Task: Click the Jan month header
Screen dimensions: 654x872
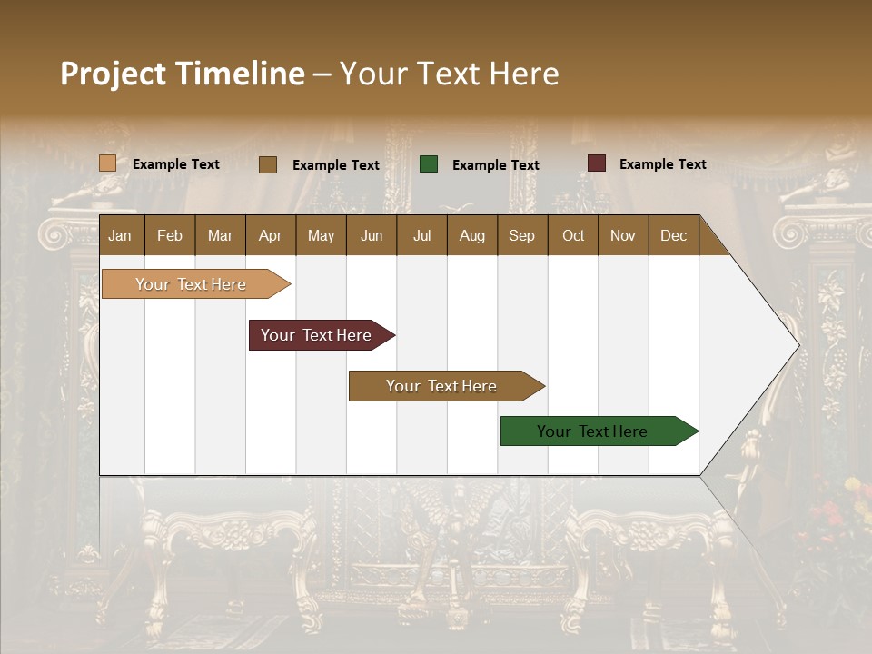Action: [x=120, y=235]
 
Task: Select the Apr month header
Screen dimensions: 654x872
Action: [x=270, y=235]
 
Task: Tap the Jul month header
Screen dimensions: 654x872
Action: [x=421, y=235]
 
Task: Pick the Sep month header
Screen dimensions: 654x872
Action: [x=521, y=235]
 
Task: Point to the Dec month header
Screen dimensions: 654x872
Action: [x=673, y=235]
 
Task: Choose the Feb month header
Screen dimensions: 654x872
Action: [x=170, y=235]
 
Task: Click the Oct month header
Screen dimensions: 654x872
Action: [x=573, y=235]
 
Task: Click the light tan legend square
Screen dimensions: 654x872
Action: [x=107, y=163]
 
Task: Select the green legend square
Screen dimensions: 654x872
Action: [x=429, y=164]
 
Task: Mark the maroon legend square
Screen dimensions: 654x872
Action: [x=597, y=163]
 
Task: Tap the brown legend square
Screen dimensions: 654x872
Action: [x=268, y=164]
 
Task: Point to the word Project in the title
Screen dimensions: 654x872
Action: [x=113, y=74]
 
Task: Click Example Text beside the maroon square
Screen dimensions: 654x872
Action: [x=662, y=164]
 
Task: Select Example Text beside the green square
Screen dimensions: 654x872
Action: [x=495, y=165]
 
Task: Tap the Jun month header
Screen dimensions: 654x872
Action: [x=371, y=235]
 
